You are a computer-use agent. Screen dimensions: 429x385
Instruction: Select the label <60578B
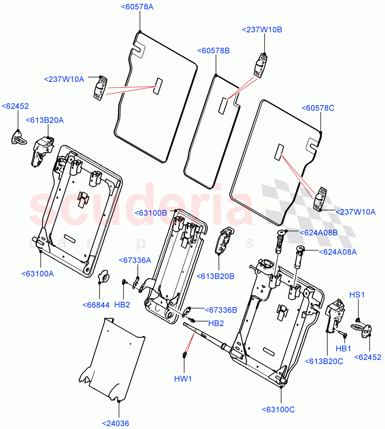click(213, 51)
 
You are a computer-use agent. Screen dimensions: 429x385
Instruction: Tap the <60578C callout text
click(318, 108)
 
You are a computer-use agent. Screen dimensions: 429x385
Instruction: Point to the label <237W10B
click(262, 30)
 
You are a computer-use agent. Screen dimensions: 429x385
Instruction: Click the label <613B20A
click(45, 120)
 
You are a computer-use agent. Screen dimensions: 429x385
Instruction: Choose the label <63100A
click(37, 274)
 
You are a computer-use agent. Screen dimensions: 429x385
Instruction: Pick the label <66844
click(96, 305)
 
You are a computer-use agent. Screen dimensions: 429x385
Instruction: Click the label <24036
click(115, 424)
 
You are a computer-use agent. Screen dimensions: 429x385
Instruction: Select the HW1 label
click(183, 379)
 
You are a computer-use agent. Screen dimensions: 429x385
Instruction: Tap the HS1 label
click(357, 295)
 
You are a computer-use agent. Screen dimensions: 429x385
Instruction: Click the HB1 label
click(343, 349)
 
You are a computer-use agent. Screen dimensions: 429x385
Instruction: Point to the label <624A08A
click(337, 252)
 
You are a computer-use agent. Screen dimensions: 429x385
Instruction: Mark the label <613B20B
click(216, 276)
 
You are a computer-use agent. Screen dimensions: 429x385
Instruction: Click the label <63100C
click(278, 410)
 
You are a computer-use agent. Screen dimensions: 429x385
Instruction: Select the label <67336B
click(221, 310)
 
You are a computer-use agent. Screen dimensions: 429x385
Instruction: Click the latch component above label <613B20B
click(223, 240)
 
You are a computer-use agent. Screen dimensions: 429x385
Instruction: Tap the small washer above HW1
click(184, 355)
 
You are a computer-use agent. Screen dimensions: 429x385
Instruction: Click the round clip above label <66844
click(104, 276)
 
